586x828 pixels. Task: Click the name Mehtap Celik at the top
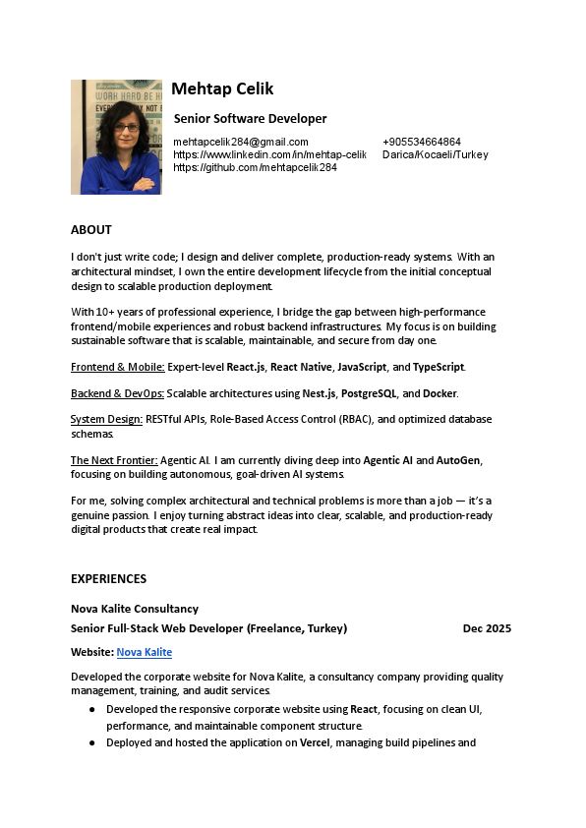pyautogui.click(x=222, y=89)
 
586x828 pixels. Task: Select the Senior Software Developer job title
pyautogui.click(x=250, y=119)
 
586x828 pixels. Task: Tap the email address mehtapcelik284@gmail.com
pyautogui.click(x=241, y=142)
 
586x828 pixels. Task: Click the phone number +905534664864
pyautogui.click(x=422, y=142)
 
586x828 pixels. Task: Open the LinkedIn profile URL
pyautogui.click(x=269, y=154)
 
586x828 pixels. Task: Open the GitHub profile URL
pyautogui.click(x=255, y=167)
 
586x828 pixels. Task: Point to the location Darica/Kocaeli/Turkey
pyautogui.click(x=435, y=154)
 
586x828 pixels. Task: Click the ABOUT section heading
pyautogui.click(x=91, y=230)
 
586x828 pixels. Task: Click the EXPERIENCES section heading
pyautogui.click(x=108, y=579)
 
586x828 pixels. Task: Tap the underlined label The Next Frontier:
pyautogui.click(x=114, y=460)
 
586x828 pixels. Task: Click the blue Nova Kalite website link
pyautogui.click(x=145, y=652)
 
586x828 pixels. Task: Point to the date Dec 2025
pyautogui.click(x=487, y=628)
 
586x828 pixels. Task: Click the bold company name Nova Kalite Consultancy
pyautogui.click(x=135, y=609)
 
